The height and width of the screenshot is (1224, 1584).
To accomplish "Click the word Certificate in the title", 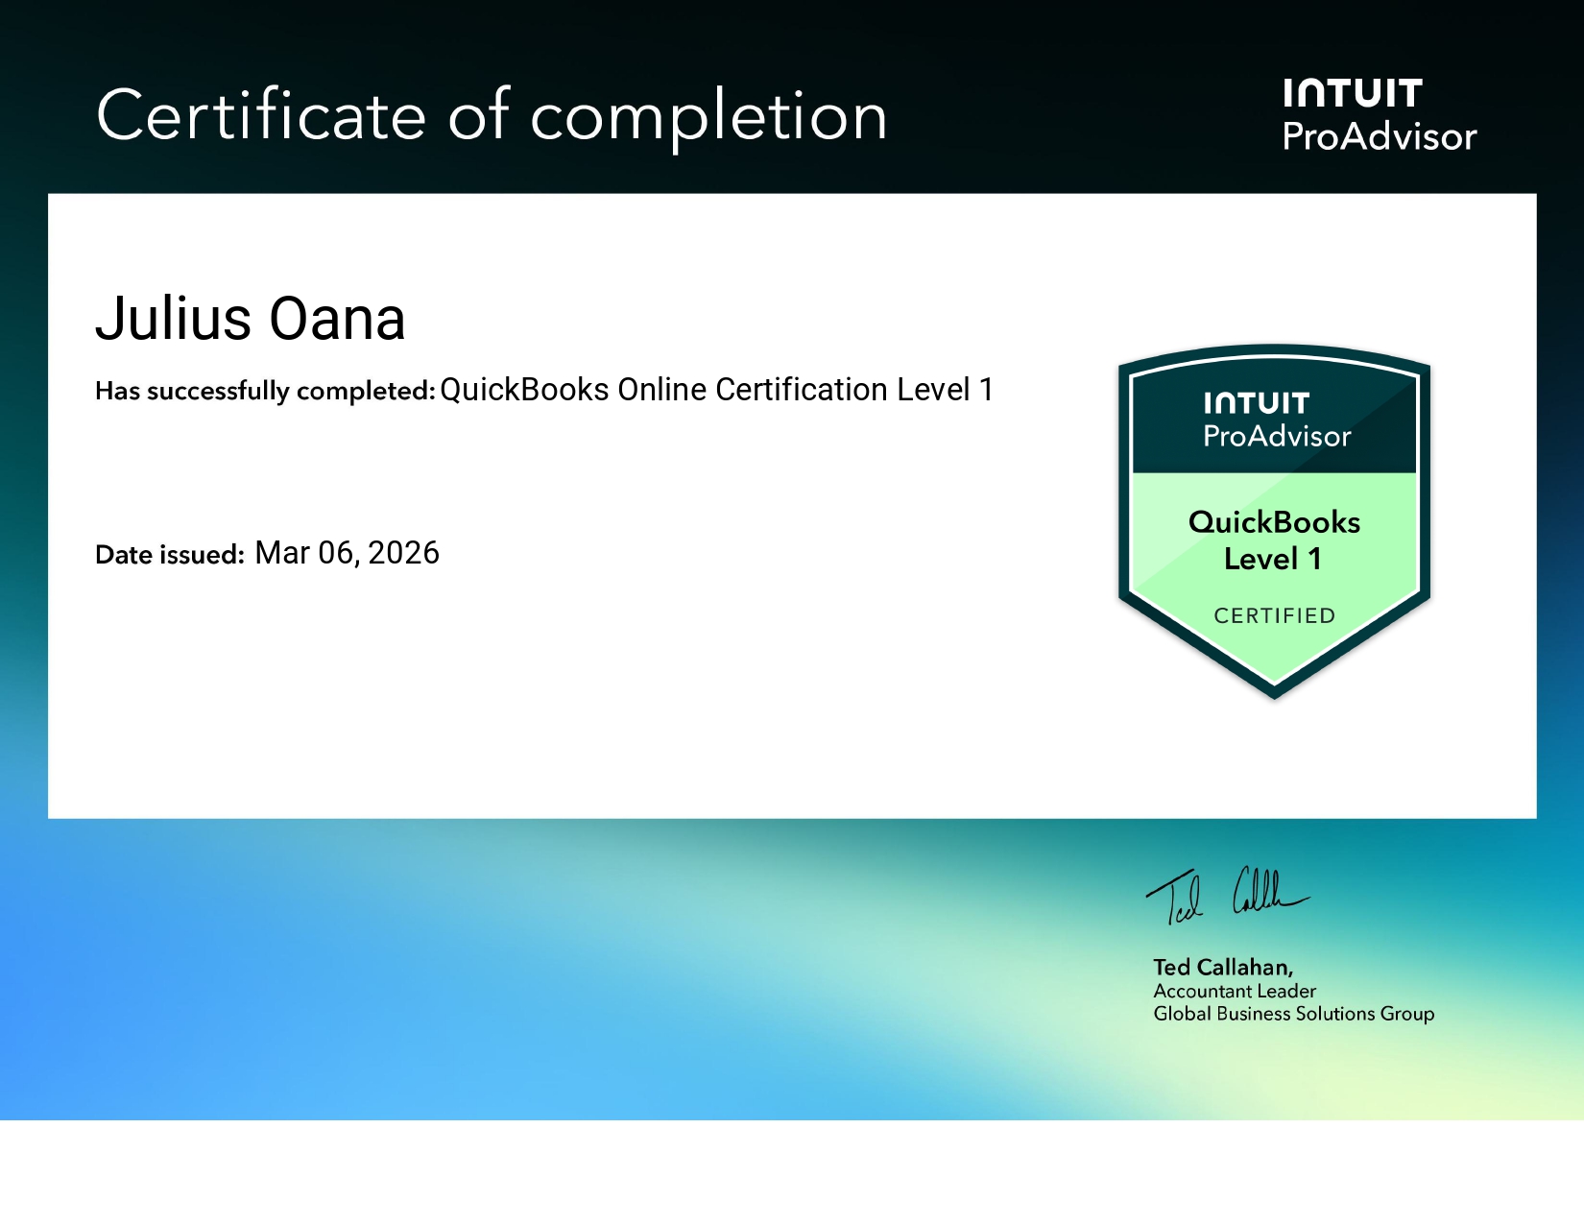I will point(261,116).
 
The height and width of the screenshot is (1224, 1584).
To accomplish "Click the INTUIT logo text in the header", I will point(1353,94).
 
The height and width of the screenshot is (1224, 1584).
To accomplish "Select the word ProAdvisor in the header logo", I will point(1380,137).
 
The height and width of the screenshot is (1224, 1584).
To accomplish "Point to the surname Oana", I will point(337,319).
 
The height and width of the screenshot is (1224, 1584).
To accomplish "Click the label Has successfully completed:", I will point(265,391).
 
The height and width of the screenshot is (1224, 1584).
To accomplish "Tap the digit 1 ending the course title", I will point(985,390).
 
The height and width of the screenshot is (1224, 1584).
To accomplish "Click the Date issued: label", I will point(170,555).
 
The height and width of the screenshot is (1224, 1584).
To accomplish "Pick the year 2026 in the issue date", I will point(403,553).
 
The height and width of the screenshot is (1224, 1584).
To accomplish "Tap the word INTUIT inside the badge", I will point(1257,403).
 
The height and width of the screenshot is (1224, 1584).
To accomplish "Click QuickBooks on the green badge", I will point(1274,522).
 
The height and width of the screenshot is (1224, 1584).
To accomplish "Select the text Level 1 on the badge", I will point(1273,559).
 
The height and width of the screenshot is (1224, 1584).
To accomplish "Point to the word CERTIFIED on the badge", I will point(1274,615).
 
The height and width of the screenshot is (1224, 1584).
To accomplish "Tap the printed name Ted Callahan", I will point(1223,967).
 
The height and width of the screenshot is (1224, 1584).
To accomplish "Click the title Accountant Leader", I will point(1235,991).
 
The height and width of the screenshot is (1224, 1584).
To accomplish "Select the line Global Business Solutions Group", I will point(1293,1014).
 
